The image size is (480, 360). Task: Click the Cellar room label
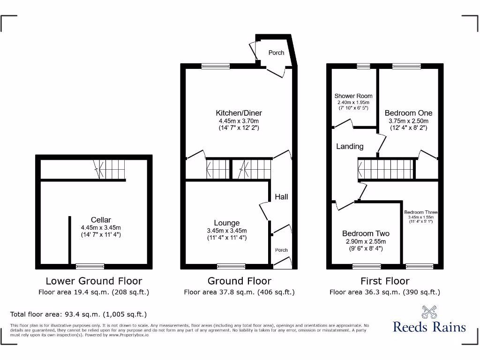pyautogui.click(x=101, y=220)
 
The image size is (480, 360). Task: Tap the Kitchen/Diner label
pyautogui.click(x=239, y=113)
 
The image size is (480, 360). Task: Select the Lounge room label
pyautogui.click(x=227, y=223)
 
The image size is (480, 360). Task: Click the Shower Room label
pyautogui.click(x=353, y=96)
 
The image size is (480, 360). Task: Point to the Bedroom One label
pyautogui.click(x=408, y=113)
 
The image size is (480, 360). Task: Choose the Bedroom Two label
pyautogui.click(x=366, y=233)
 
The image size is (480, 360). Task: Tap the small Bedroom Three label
pyautogui.click(x=420, y=212)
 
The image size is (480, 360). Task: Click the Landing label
pyautogui.click(x=350, y=146)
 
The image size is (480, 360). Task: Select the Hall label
pyautogui.click(x=281, y=197)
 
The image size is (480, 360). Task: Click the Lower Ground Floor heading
pyautogui.click(x=94, y=281)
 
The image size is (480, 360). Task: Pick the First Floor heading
pyautogui.click(x=385, y=281)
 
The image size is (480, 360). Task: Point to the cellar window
pyautogui.click(x=90, y=266)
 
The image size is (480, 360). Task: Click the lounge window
pyautogui.click(x=231, y=266)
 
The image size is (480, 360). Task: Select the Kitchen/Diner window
pyautogui.click(x=216, y=67)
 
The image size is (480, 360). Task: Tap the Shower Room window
pyautogui.click(x=363, y=66)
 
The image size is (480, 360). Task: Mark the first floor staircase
pyautogui.click(x=387, y=168)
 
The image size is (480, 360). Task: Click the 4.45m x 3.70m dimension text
pyautogui.click(x=239, y=120)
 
